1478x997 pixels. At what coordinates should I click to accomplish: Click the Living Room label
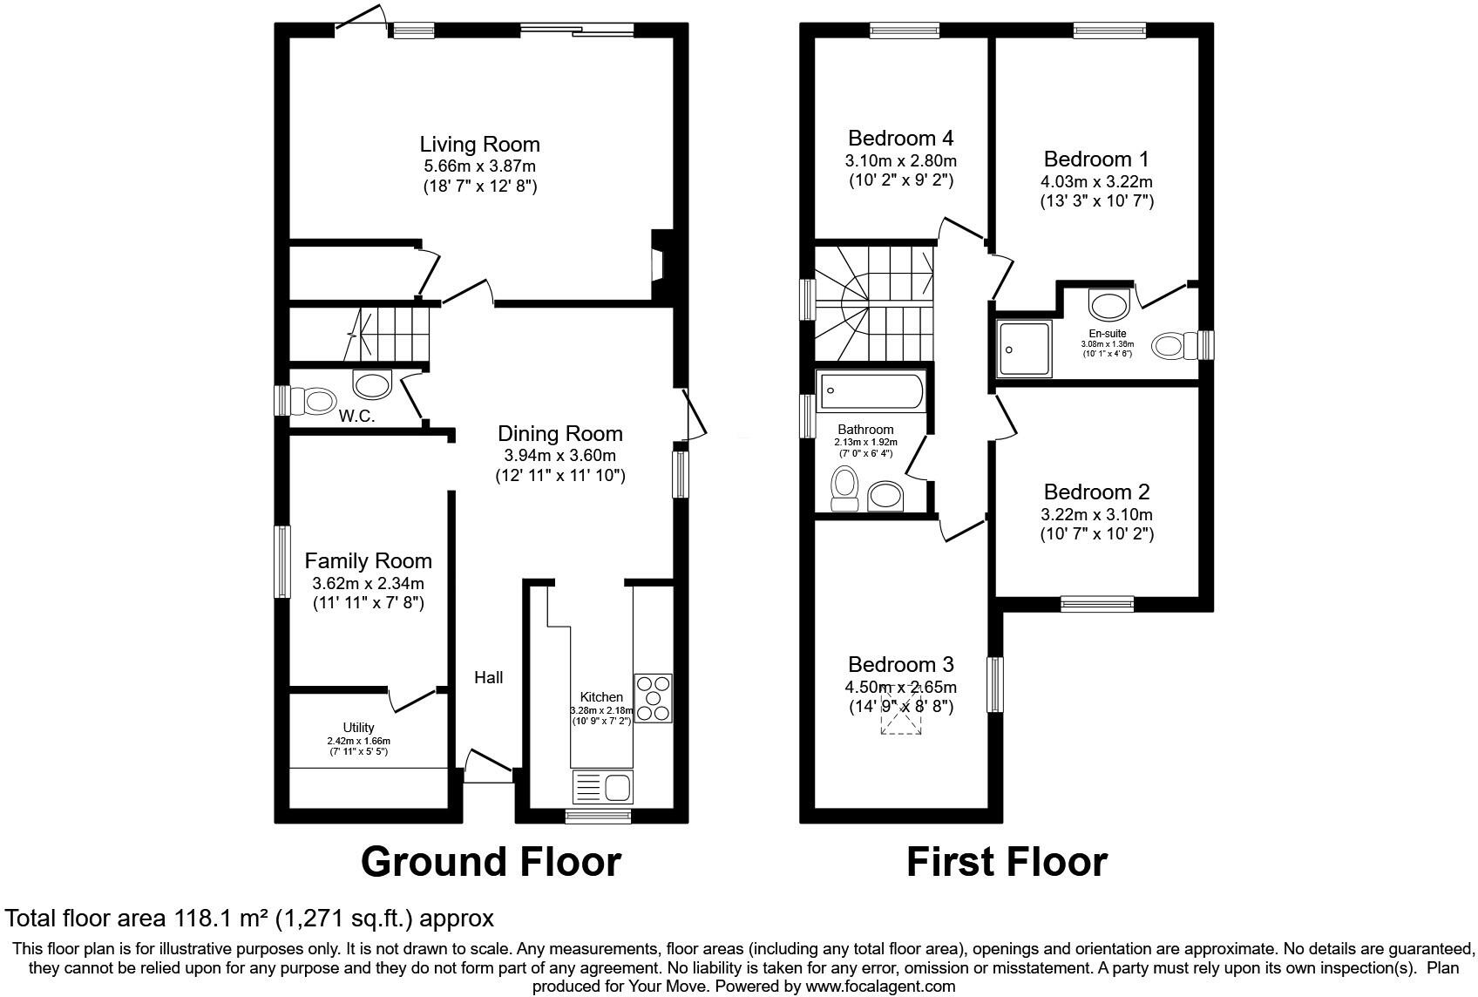pyautogui.click(x=479, y=145)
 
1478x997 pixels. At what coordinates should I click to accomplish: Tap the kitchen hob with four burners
pyautogui.click(x=653, y=698)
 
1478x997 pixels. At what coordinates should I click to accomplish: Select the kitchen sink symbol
pyautogui.click(x=602, y=787)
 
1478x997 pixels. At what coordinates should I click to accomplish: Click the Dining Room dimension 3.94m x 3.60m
pyautogui.click(x=559, y=456)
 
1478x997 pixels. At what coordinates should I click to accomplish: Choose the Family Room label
pyautogui.click(x=368, y=561)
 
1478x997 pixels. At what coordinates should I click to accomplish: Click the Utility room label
pyautogui.click(x=358, y=728)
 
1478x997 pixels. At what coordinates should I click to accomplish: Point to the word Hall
pyautogui.click(x=488, y=677)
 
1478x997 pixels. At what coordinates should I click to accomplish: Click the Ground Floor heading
pyautogui.click(x=491, y=862)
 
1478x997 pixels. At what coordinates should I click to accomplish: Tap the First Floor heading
pyautogui.click(x=1007, y=862)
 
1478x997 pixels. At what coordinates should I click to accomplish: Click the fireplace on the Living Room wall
pyautogui.click(x=660, y=267)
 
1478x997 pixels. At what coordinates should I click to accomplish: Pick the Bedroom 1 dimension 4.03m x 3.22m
pyautogui.click(x=1096, y=182)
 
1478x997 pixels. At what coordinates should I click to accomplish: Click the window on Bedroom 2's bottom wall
pyautogui.click(x=1097, y=603)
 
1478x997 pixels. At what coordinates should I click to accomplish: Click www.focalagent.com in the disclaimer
pyautogui.click(x=880, y=987)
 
